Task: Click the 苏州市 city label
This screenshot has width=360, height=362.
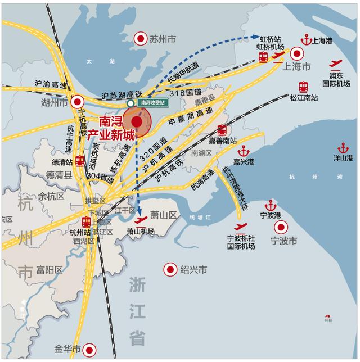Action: [x=163, y=39]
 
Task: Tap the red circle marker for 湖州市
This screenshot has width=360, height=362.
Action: [x=77, y=102]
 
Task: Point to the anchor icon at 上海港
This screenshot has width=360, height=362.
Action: [x=307, y=40]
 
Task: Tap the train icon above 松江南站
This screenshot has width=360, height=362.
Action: [x=304, y=87]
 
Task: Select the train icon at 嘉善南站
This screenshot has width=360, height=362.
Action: [x=222, y=130]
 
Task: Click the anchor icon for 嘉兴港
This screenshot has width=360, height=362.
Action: [x=244, y=151]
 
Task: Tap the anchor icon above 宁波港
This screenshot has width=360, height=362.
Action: [x=271, y=205]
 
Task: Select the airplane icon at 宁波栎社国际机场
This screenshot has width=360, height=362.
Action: [x=241, y=227]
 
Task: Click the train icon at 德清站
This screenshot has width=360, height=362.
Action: [x=80, y=161]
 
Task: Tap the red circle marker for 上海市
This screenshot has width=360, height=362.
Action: [x=296, y=55]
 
